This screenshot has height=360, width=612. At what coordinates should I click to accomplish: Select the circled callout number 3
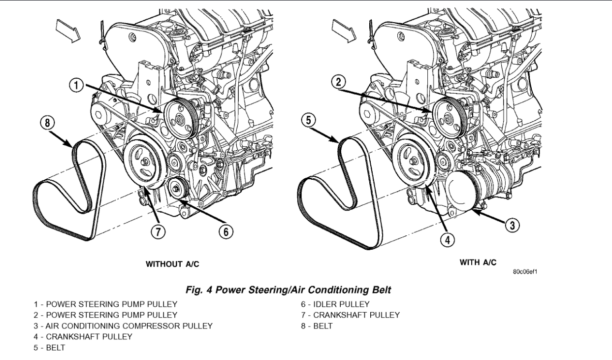(x=513, y=225)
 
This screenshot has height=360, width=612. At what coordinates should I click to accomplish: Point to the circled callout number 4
(x=448, y=239)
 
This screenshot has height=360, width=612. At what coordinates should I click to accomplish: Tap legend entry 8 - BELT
(x=319, y=326)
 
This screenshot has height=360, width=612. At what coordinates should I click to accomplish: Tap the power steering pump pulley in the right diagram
(x=448, y=118)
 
